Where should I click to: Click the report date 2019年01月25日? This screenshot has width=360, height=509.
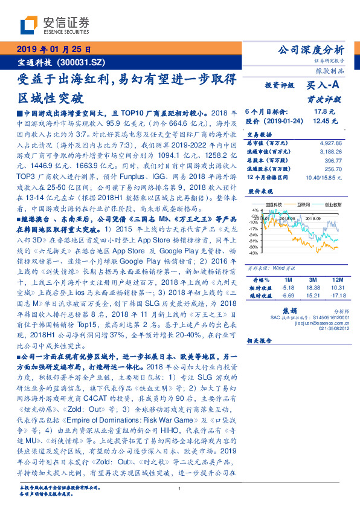point(52,50)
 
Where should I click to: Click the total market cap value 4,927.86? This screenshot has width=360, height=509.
point(329,143)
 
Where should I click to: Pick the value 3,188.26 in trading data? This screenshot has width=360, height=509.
point(329,151)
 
